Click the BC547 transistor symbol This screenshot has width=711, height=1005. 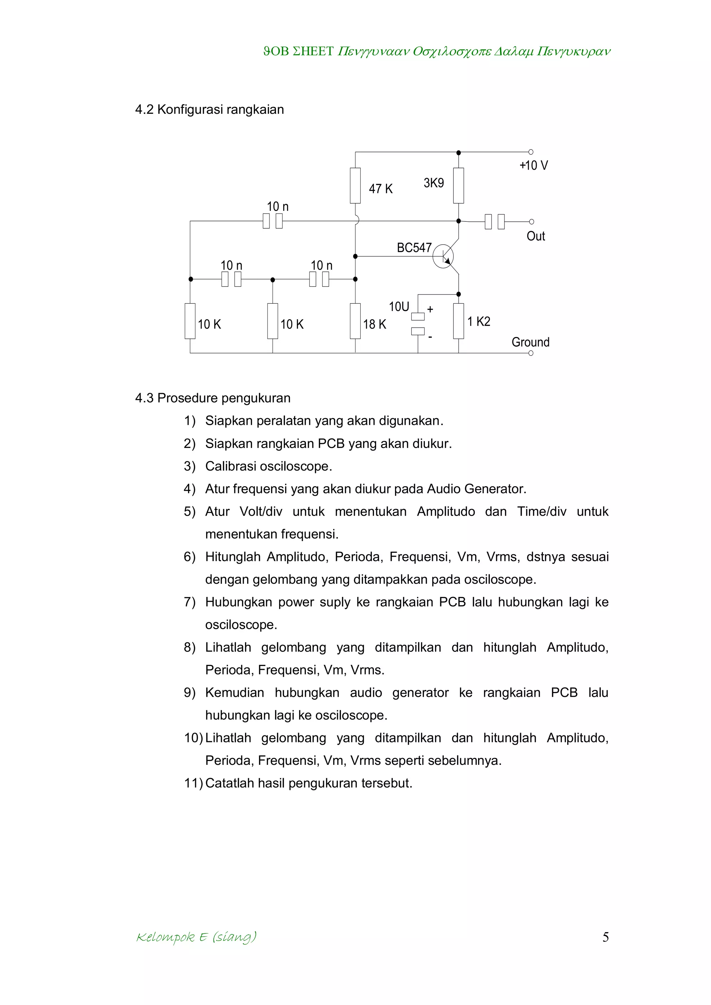point(443,257)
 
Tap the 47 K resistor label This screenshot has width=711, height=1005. point(380,189)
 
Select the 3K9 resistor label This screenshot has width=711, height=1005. point(433,183)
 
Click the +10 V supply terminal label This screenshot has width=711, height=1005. point(533,166)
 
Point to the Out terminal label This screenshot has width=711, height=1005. point(535,236)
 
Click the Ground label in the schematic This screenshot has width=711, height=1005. point(530,342)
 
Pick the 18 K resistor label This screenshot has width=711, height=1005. point(374,324)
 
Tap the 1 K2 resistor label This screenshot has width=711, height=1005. point(478,322)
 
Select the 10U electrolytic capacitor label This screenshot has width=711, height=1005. point(399,306)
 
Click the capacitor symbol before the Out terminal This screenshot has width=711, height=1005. point(495,221)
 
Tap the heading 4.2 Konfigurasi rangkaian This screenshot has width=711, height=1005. point(209,109)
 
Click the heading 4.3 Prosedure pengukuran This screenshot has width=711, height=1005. point(213,398)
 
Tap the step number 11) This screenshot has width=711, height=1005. point(193,783)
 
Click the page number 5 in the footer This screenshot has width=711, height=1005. point(605,937)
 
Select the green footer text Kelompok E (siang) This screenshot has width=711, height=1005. point(196,937)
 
